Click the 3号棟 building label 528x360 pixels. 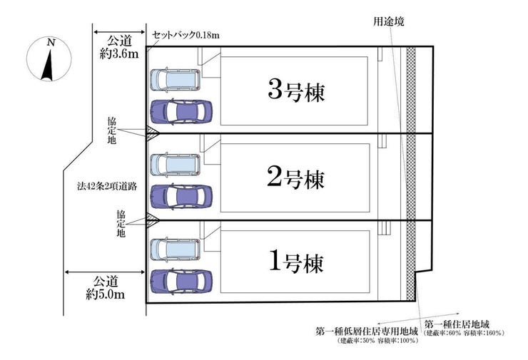point(296,91)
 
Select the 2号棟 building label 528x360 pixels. point(295,178)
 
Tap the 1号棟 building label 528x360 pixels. point(296,262)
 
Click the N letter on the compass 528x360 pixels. point(51,43)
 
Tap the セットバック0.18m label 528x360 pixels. point(186,35)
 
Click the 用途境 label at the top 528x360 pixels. point(389,21)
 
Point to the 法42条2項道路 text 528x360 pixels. point(107,186)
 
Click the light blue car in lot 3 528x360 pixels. point(175,80)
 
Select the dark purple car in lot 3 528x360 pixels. point(181,111)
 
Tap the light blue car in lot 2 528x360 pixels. point(175,165)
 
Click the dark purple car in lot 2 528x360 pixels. point(181,196)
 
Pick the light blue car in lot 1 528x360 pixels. point(175,250)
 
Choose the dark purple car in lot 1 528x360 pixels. point(181,282)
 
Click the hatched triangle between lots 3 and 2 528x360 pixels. point(151,131)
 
